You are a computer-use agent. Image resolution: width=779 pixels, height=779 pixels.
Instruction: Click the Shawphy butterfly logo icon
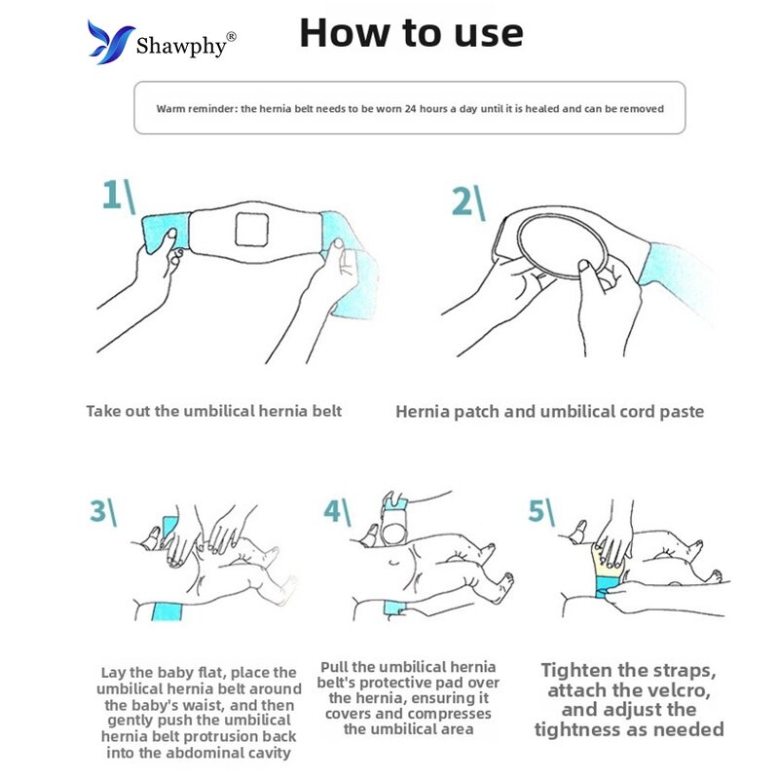pos(110,42)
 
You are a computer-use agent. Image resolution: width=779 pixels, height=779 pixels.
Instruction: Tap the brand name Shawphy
pos(181,46)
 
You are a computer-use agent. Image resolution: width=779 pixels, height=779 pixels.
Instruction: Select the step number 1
pos(112,195)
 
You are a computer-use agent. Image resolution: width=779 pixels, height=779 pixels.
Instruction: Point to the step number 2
pos(462,202)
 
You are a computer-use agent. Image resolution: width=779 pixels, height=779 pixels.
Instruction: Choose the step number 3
pos(97,510)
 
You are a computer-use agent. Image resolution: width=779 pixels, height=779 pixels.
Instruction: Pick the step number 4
pos(332,510)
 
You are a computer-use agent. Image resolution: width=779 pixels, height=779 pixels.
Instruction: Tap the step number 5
pos(537,510)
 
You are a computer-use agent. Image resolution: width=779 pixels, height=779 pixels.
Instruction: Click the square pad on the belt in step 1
pos(252,229)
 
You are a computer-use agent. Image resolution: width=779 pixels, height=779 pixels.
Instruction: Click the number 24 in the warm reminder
pos(410,109)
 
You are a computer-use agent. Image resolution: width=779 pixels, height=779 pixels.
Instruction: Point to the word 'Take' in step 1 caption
pos(103,411)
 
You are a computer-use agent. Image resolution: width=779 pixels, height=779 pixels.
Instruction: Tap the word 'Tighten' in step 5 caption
pos(576,671)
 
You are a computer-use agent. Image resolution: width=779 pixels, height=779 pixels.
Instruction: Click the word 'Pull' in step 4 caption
pos(334,667)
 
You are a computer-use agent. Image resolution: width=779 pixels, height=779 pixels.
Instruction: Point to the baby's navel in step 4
pos(394,563)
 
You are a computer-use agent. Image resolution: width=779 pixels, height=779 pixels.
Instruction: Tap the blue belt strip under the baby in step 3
pos(167,612)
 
